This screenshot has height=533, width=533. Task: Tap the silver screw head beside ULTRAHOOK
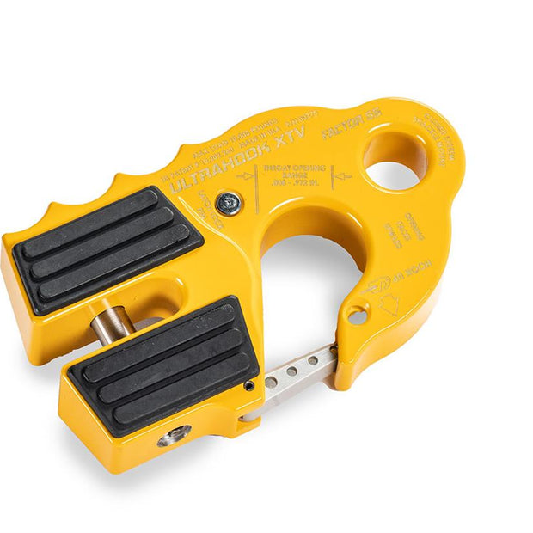(x=229, y=203)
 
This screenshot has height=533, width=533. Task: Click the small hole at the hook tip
(x=357, y=316)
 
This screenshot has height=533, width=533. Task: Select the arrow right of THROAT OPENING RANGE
(x=341, y=178)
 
